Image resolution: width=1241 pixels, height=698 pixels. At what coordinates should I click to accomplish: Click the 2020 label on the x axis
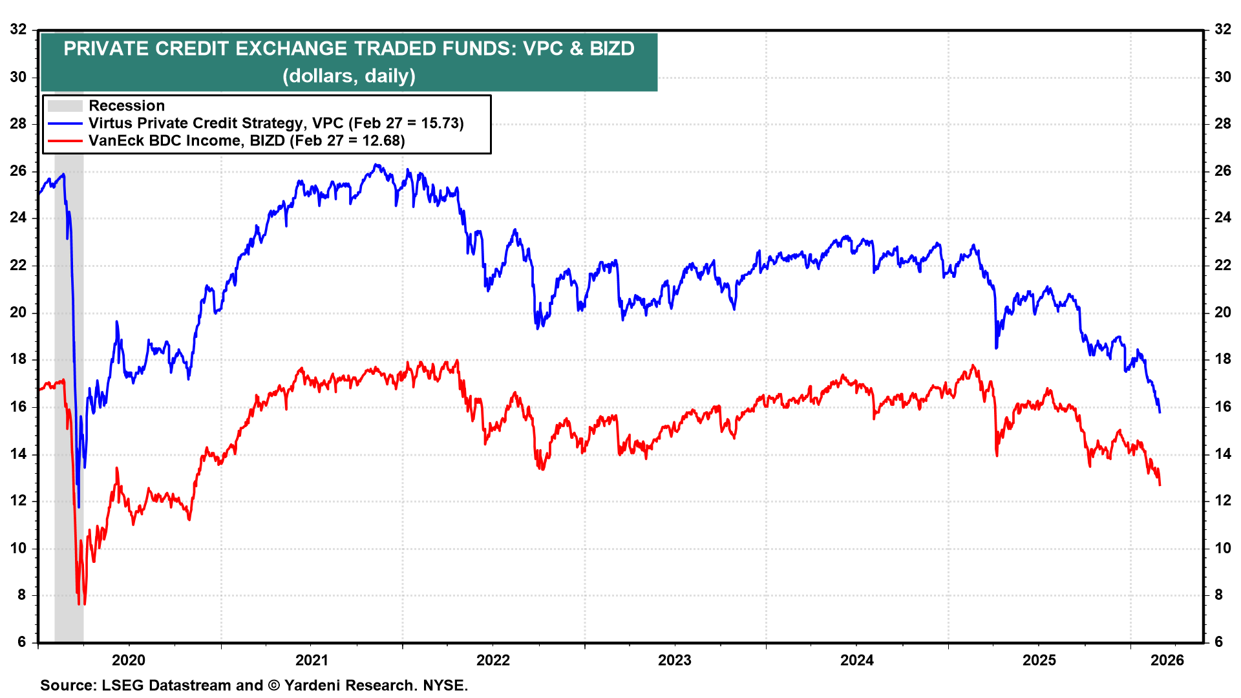pyautogui.click(x=129, y=660)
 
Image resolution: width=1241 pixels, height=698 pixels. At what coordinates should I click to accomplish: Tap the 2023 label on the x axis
pyautogui.click(x=674, y=660)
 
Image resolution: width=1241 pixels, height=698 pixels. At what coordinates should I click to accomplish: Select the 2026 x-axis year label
pyautogui.click(x=1167, y=660)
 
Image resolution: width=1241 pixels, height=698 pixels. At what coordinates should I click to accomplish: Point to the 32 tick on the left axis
pyautogui.click(x=19, y=29)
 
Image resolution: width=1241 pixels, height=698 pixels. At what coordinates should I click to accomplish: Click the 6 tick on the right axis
pyautogui.click(x=1218, y=642)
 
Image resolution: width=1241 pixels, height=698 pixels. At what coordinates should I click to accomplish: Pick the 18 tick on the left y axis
pyautogui.click(x=19, y=359)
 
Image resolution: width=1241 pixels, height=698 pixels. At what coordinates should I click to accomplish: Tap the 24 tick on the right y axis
pyautogui.click(x=1222, y=218)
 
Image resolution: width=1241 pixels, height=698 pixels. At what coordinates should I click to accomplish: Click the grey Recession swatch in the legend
pyautogui.click(x=65, y=106)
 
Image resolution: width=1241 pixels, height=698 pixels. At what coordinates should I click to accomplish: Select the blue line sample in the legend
pyautogui.click(x=65, y=123)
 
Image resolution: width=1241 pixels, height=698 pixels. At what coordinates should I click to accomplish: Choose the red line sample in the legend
pyautogui.click(x=65, y=141)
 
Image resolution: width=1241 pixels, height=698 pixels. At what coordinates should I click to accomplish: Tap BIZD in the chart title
pyautogui.click(x=611, y=48)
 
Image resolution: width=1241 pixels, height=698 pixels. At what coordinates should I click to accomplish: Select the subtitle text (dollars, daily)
pyautogui.click(x=349, y=76)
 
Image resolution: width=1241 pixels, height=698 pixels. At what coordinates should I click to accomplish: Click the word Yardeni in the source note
pyautogui.click(x=312, y=685)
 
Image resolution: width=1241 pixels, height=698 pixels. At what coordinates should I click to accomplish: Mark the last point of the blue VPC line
pyautogui.click(x=1160, y=412)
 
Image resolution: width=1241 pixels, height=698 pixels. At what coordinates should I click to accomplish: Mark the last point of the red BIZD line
pyautogui.click(x=1160, y=485)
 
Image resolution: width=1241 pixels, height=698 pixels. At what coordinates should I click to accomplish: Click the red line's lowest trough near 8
pyautogui.click(x=80, y=604)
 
